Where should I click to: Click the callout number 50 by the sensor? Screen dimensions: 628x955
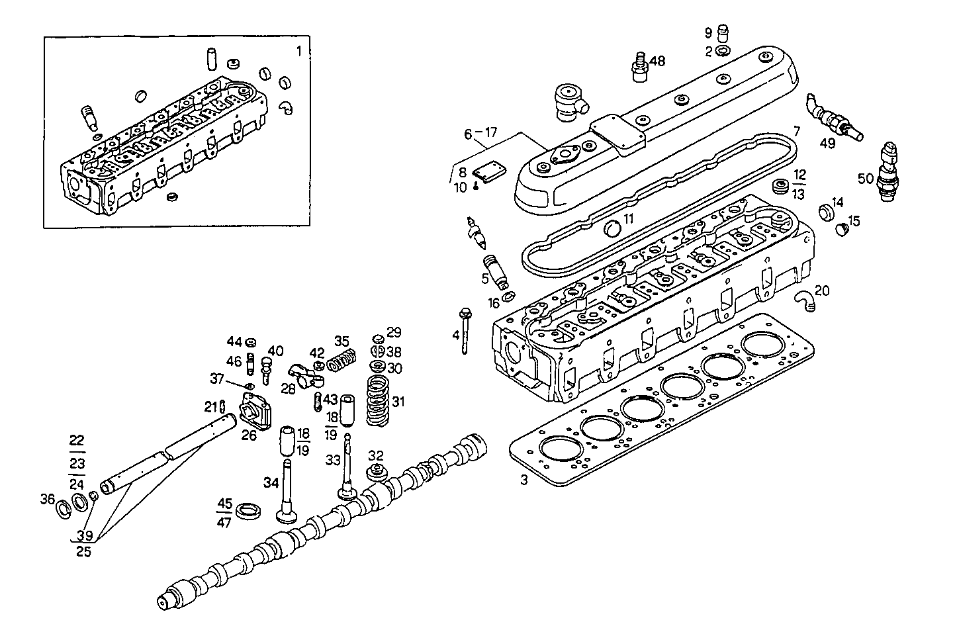coord(865,178)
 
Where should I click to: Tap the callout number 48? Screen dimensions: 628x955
coord(657,61)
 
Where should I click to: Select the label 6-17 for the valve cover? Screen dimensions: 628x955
coord(480,134)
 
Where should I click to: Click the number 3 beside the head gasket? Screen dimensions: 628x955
coord(523,481)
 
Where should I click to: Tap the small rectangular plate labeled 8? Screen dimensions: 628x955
coord(490,173)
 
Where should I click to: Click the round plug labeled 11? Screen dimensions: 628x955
coord(613,228)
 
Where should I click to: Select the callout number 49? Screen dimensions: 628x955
coord(827,142)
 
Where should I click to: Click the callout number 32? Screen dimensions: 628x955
coord(376,455)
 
